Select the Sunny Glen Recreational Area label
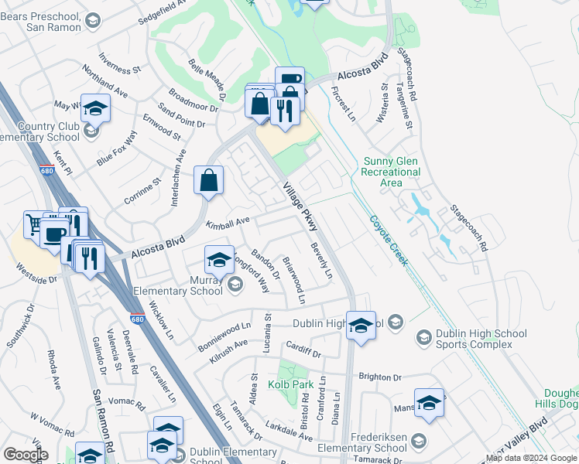tap(392, 172)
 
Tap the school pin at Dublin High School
tap(361, 326)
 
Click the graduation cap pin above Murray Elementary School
tap(219, 260)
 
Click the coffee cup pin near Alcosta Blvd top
tap(289, 80)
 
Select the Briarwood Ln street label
tap(295, 280)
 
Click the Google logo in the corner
tap(26, 455)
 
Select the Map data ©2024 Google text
tap(532, 458)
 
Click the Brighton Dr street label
tap(379, 377)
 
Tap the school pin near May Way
tap(95, 108)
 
